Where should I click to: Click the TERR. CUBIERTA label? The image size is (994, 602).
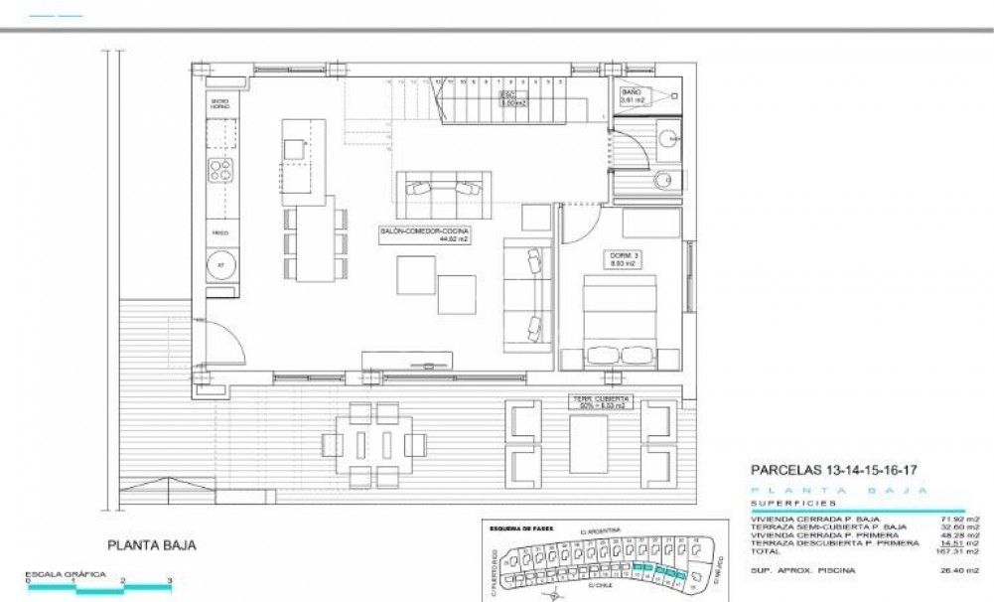pos(600,402)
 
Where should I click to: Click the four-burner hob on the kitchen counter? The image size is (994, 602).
pos(219,171)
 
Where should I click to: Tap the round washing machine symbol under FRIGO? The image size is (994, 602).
pos(220,266)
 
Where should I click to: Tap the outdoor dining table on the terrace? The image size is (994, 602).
pos(373,442)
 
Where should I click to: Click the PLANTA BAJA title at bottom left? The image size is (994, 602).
pos(150,545)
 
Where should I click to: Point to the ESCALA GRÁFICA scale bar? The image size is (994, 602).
pos(99,587)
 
